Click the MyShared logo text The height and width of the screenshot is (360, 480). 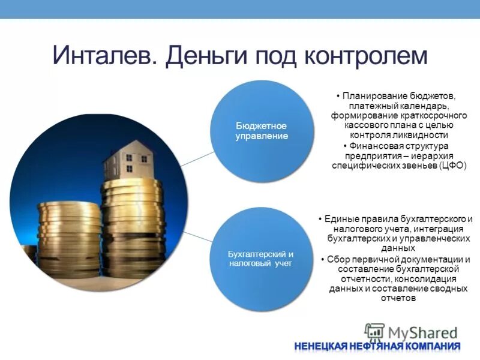423,331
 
